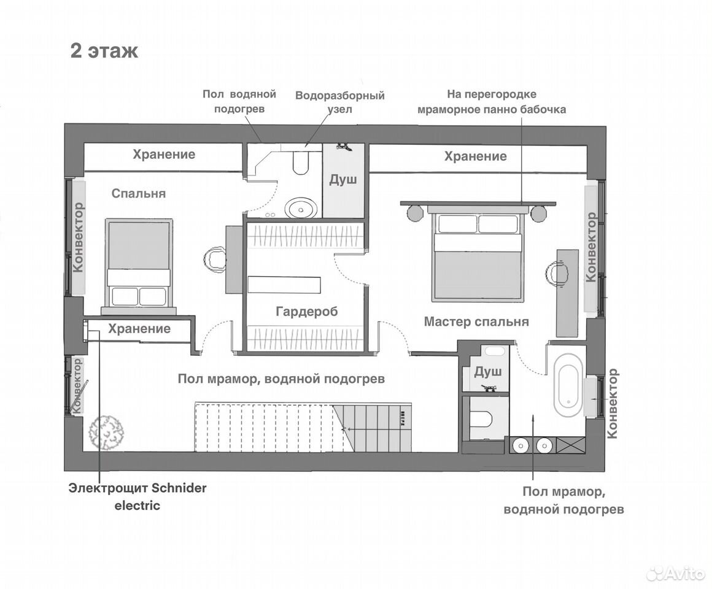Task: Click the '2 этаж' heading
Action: click(x=104, y=51)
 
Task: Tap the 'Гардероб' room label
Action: click(x=307, y=312)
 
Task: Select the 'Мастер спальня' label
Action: click(x=476, y=321)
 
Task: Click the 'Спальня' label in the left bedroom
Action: click(x=139, y=193)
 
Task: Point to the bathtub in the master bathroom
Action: click(x=568, y=385)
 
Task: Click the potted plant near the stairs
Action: click(x=106, y=433)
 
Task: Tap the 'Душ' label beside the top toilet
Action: click(x=343, y=179)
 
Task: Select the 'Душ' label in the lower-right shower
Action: click(x=488, y=372)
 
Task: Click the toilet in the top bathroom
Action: click(x=300, y=163)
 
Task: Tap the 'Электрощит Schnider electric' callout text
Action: click(x=137, y=497)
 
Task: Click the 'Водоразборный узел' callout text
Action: click(x=339, y=102)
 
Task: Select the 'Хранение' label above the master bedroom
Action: click(x=476, y=156)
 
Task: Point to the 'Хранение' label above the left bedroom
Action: click(x=164, y=154)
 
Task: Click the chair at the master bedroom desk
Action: click(x=557, y=274)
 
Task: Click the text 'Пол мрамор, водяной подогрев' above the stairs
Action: click(x=281, y=379)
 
